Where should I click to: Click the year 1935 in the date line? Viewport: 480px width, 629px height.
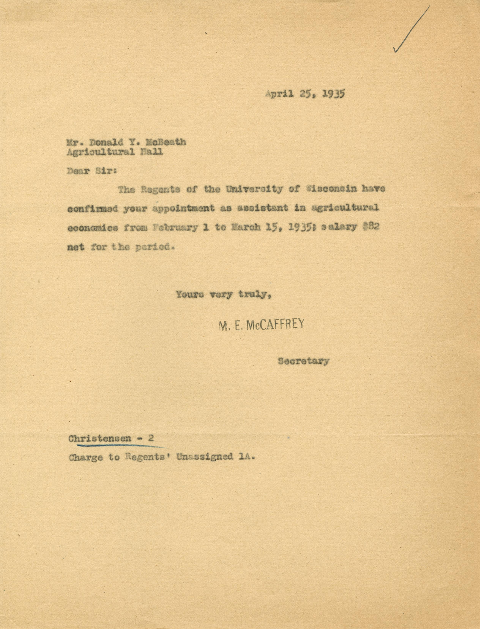[x=333, y=94]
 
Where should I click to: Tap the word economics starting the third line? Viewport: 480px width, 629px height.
[x=92, y=227]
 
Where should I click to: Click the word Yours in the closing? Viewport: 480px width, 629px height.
[x=189, y=295]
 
